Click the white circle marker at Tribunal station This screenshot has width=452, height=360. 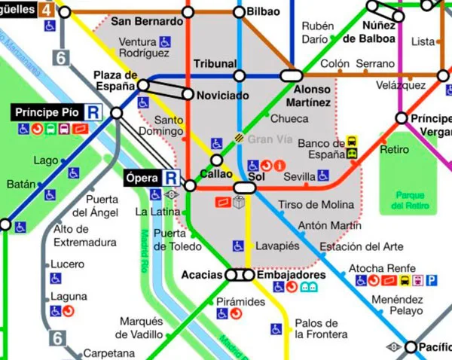point(240,75)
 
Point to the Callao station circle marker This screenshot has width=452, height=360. point(217,160)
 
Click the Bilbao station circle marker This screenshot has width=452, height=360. point(240,12)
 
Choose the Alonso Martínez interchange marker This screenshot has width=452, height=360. point(291,75)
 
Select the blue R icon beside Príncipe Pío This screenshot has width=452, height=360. point(94,112)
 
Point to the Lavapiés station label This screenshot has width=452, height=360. point(277,246)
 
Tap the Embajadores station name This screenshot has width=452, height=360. point(291,275)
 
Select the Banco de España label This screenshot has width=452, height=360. point(321,149)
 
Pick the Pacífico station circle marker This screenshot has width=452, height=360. point(411,347)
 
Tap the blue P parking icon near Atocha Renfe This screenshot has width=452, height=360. point(432,281)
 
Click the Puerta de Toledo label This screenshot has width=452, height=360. point(169,239)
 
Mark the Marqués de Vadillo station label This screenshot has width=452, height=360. point(141,328)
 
